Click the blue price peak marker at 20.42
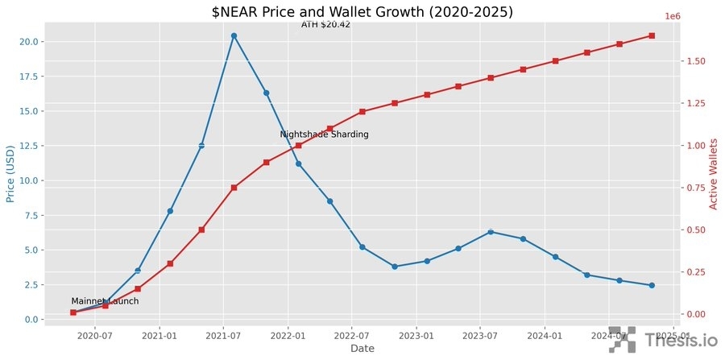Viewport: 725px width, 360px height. [x=234, y=35]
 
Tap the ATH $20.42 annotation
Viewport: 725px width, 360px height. [x=325, y=25]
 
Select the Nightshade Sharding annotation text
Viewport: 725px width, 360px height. [x=324, y=134]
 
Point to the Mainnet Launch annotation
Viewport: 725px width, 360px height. [x=105, y=301]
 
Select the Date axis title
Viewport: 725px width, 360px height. [x=362, y=349]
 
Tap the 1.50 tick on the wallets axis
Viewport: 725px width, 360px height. [x=697, y=61]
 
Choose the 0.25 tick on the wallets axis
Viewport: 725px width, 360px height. [x=697, y=272]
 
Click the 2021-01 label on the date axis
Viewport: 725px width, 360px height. [x=160, y=334]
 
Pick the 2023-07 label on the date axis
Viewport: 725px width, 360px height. [x=480, y=334]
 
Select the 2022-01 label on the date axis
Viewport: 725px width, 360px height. [x=288, y=334]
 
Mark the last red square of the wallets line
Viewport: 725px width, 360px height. [x=652, y=35]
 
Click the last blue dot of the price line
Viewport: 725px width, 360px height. [x=652, y=285]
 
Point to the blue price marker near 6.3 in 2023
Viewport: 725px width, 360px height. [x=491, y=232]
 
